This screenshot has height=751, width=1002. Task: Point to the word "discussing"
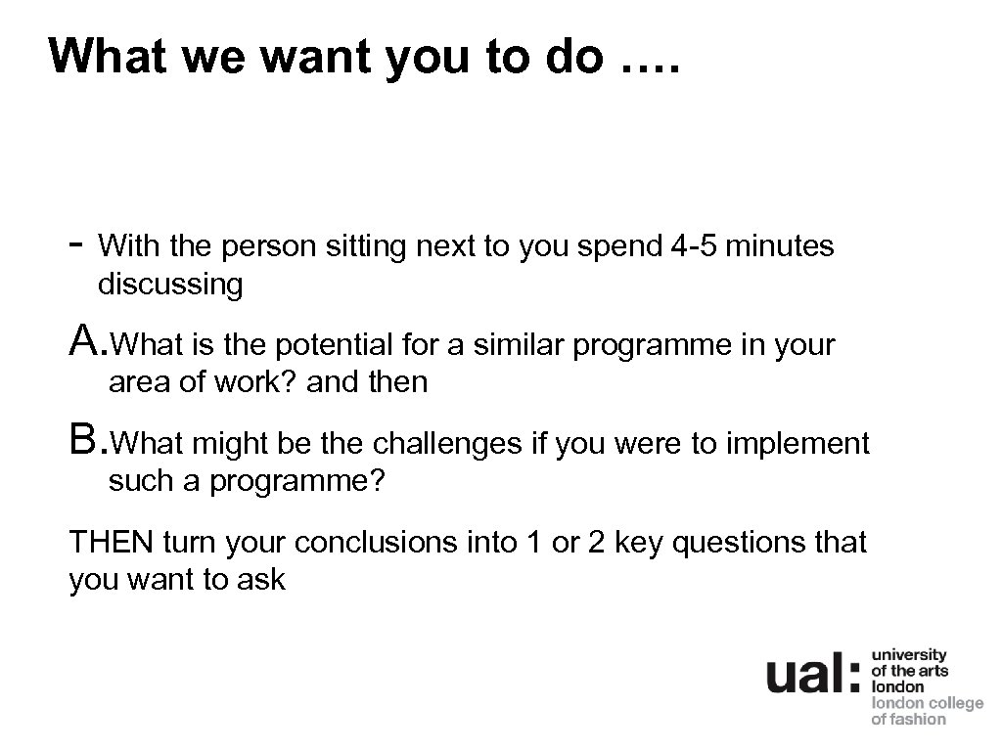click(x=170, y=285)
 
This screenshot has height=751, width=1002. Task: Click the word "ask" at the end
click(x=263, y=579)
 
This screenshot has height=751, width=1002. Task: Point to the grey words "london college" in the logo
click(x=927, y=703)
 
